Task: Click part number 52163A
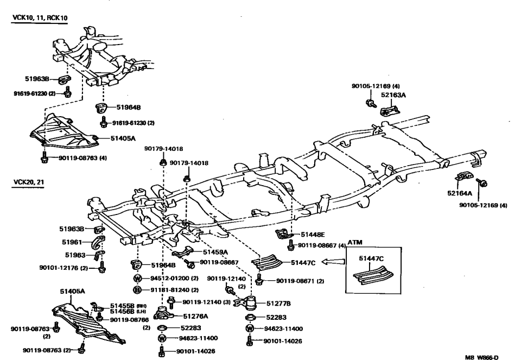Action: pyautogui.click(x=393, y=94)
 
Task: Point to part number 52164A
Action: pyautogui.click(x=460, y=193)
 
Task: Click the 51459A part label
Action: pyautogui.click(x=215, y=252)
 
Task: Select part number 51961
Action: pyautogui.click(x=72, y=242)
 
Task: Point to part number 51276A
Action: pyautogui.click(x=196, y=315)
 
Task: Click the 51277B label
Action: pyautogui.click(x=278, y=303)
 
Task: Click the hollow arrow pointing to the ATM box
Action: pyautogui.click(x=333, y=262)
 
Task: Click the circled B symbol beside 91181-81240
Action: pyautogui.click(x=138, y=290)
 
